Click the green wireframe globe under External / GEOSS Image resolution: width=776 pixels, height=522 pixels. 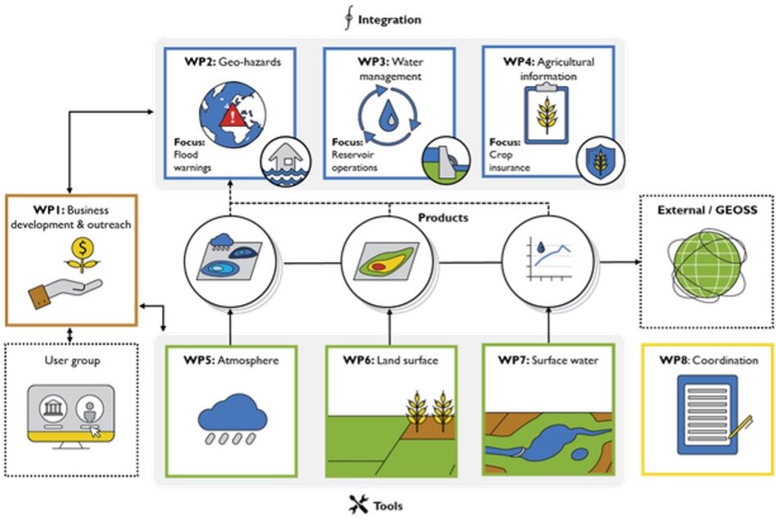click(706, 261)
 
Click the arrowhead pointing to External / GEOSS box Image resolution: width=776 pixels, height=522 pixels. click(636, 262)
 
